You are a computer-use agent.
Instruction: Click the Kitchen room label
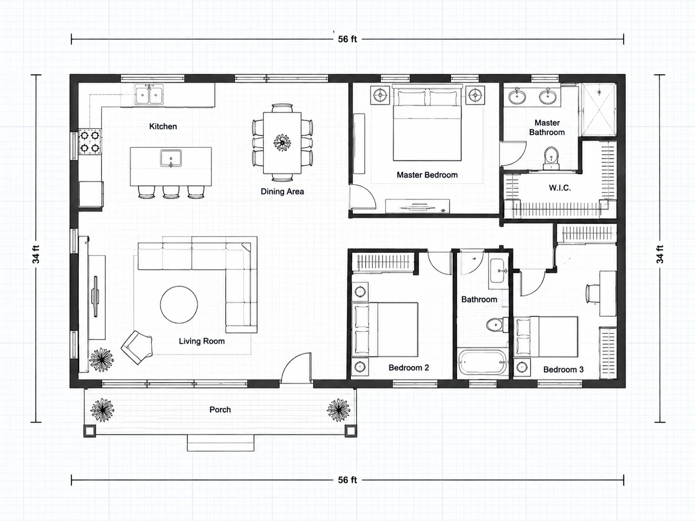pos(163,127)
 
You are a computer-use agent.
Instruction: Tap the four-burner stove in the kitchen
pos(90,142)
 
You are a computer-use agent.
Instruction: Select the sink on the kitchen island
pos(171,158)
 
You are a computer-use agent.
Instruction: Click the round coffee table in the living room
pos(179,305)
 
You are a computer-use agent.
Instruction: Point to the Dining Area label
pos(282,191)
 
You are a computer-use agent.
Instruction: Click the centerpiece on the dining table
pos(282,142)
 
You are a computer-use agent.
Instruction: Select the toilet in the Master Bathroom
pos(551,158)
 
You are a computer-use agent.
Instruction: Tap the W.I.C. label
pos(560,188)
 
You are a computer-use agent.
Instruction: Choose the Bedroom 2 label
pos(408,367)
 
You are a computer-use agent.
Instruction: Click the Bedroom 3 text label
pos(563,369)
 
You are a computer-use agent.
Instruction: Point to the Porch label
pos(220,410)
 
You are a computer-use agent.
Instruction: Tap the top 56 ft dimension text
pos(347,39)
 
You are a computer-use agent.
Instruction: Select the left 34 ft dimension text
pos(36,254)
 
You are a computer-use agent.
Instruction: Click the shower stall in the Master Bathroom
pos(599,110)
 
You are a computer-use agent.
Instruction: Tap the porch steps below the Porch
pos(221,443)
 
